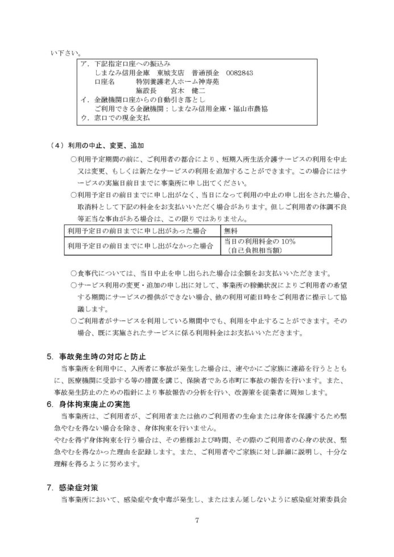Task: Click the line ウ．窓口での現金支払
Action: click(x=116, y=118)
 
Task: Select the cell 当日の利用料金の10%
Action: click(x=255, y=241)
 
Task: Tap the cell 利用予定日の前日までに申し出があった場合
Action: click(x=136, y=230)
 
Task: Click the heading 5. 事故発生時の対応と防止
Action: click(x=96, y=357)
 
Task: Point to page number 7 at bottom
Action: click(x=197, y=519)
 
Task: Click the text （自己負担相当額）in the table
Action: click(x=253, y=250)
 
